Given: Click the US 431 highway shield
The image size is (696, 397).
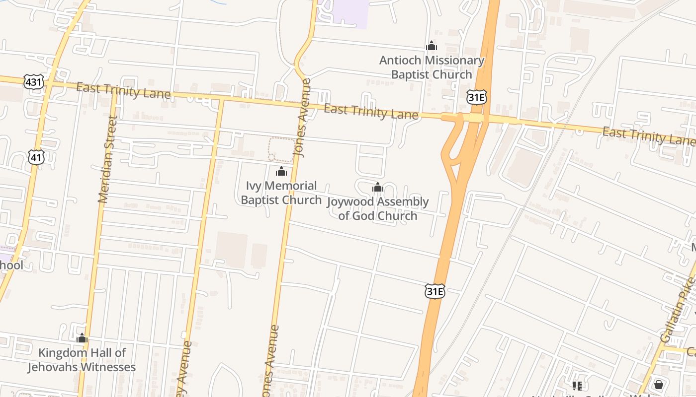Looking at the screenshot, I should click(x=33, y=82).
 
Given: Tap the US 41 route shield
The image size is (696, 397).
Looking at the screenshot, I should click(x=36, y=157).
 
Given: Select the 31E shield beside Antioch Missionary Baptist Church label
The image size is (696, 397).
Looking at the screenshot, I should click(x=476, y=97).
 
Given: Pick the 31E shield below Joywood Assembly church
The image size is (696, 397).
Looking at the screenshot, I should click(x=435, y=291).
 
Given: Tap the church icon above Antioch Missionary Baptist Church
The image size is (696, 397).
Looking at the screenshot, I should click(x=431, y=46).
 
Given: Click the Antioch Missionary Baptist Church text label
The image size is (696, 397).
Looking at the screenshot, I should click(x=432, y=67).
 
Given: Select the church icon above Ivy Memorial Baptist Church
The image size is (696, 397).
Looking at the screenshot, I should click(x=281, y=172).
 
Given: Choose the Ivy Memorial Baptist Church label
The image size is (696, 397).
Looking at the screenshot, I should click(x=281, y=193).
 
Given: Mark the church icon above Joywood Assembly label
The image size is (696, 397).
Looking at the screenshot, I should click(x=378, y=188).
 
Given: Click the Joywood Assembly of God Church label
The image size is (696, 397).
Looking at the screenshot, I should click(x=378, y=209).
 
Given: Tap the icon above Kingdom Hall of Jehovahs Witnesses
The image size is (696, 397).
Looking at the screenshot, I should click(x=82, y=339).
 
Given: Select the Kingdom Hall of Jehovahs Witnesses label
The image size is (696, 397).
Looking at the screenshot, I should click(x=82, y=360).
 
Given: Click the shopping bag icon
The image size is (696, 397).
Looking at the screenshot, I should click(x=659, y=385).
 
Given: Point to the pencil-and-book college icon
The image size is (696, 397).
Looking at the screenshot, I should click(x=577, y=386).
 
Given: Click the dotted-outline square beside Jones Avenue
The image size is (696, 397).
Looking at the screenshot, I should click(x=281, y=149).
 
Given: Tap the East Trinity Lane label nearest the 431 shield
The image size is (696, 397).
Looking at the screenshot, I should click(x=124, y=91).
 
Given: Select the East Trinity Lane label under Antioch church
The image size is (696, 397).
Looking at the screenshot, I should click(x=371, y=112).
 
